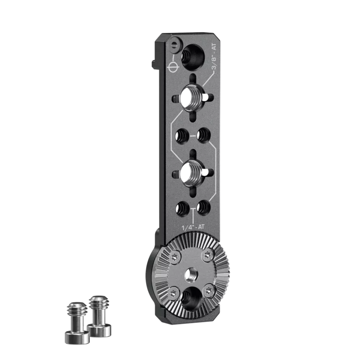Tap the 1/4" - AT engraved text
tap(193, 227)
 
